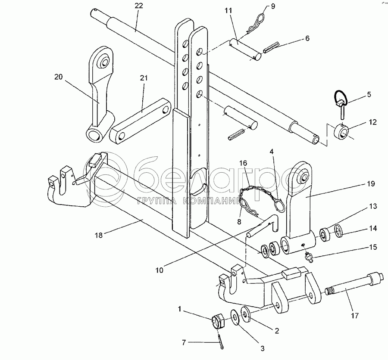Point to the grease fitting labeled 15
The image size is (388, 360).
pos(309,258)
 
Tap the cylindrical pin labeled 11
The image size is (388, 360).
pos(246,48)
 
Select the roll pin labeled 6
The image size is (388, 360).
pos(271,45)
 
